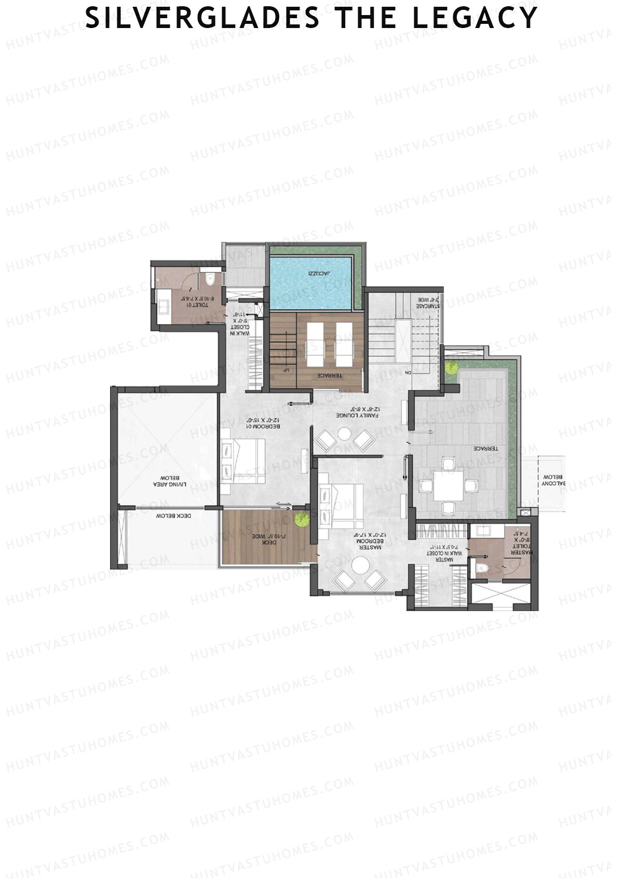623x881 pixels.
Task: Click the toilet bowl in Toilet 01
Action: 210,279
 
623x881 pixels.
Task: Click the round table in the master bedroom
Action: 359,565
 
